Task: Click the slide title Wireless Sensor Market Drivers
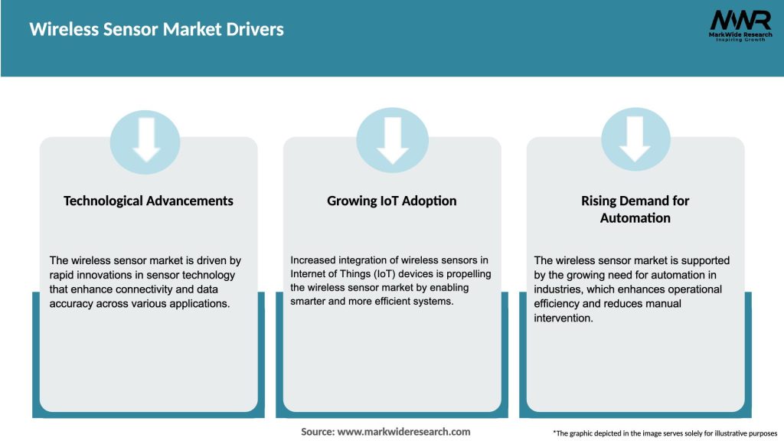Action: click(x=156, y=30)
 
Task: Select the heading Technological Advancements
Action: click(x=149, y=201)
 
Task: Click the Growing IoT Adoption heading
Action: click(x=392, y=201)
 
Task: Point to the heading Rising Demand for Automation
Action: click(x=635, y=209)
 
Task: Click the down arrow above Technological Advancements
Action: click(x=145, y=139)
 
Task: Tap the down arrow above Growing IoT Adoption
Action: click(x=392, y=139)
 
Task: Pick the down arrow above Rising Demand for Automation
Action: click(x=635, y=139)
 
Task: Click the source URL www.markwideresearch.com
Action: click(x=403, y=432)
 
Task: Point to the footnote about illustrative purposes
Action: click(x=665, y=433)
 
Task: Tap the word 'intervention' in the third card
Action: click(x=563, y=318)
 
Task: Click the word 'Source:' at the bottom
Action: click(x=317, y=432)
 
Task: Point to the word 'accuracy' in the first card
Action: click(x=70, y=303)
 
